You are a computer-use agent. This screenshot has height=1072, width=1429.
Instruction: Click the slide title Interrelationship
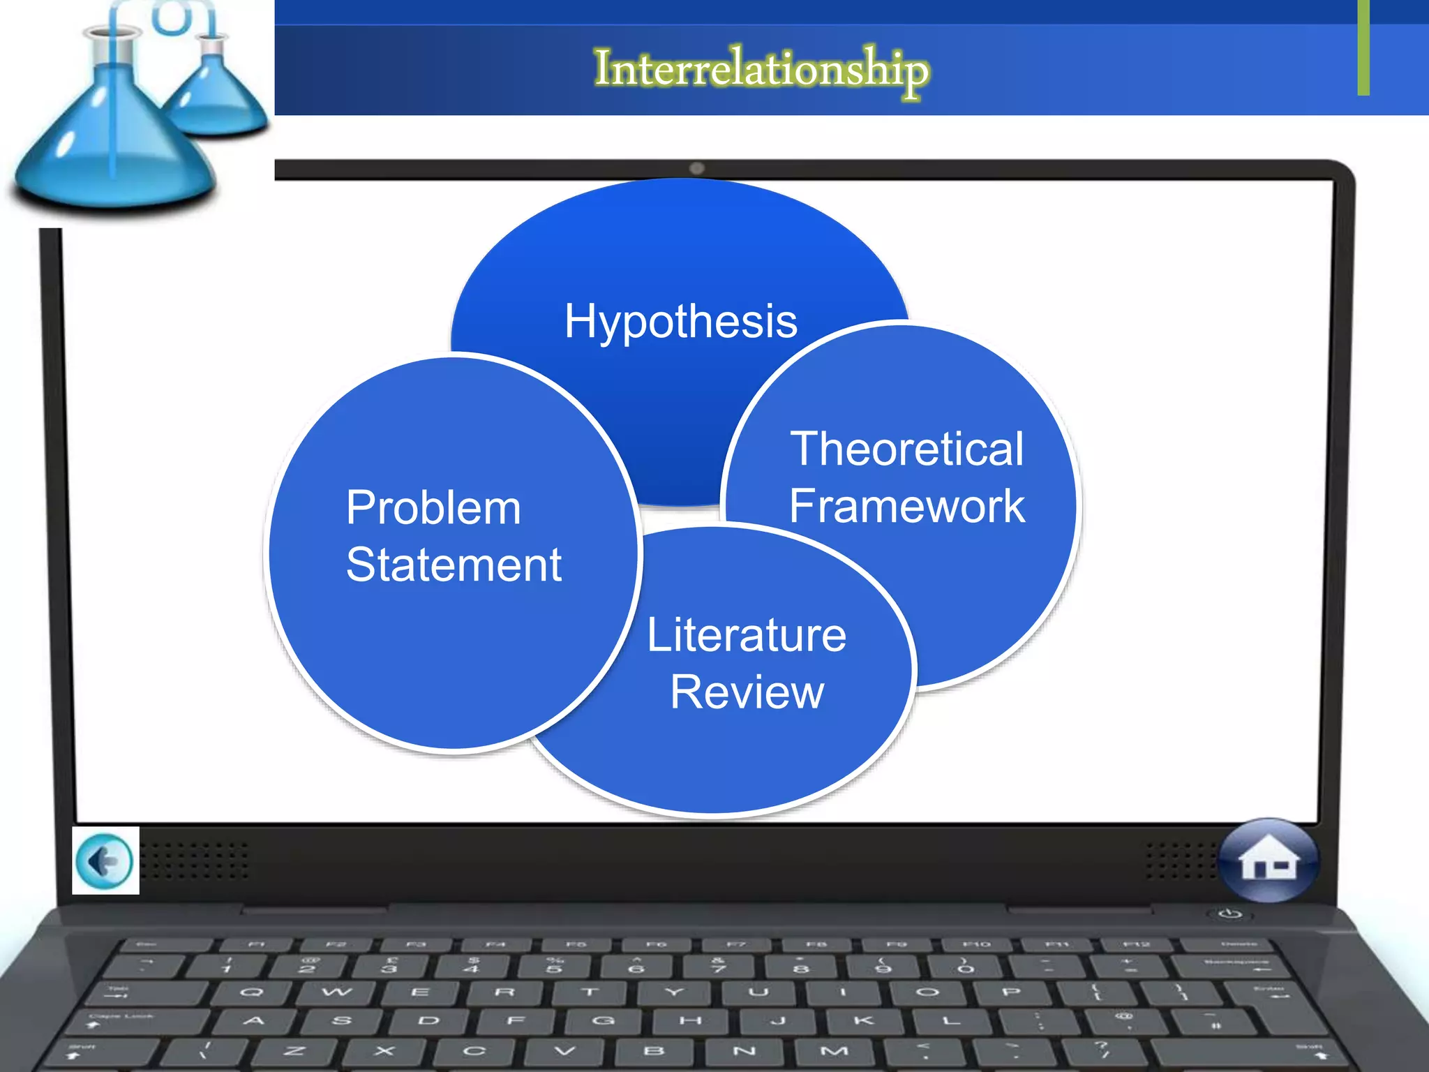[x=761, y=70]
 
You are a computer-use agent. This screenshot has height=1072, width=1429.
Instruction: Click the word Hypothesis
[x=680, y=321]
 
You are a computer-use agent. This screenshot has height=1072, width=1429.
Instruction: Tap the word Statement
[x=454, y=565]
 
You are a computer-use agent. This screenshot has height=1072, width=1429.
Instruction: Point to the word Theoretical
[x=906, y=449]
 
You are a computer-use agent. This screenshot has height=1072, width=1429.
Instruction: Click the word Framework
[x=906, y=506]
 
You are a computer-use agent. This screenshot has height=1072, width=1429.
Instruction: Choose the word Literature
[x=747, y=635]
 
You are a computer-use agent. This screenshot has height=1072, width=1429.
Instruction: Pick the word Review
[x=747, y=692]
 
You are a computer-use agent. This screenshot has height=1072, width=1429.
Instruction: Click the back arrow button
[x=105, y=861]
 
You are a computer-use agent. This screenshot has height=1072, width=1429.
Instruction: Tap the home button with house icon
[x=1269, y=861]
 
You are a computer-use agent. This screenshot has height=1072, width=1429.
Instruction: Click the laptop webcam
[x=696, y=168]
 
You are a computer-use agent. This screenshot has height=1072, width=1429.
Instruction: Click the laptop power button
[x=1230, y=914]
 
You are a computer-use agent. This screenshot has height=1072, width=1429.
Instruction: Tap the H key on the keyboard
[x=690, y=1020]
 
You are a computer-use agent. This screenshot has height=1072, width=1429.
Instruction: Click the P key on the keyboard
[x=1010, y=992]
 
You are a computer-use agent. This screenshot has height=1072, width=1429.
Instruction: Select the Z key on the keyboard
[x=294, y=1051]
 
